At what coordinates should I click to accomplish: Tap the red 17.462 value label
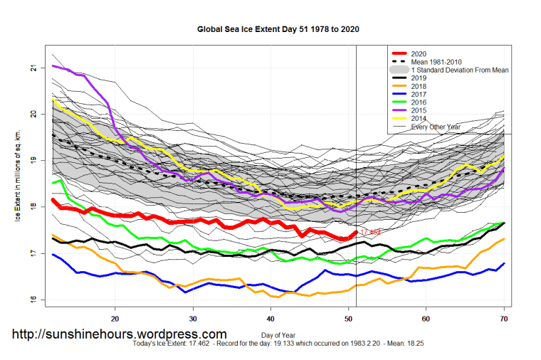pos(370,232)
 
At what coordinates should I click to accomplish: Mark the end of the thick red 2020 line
pos(356,232)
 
